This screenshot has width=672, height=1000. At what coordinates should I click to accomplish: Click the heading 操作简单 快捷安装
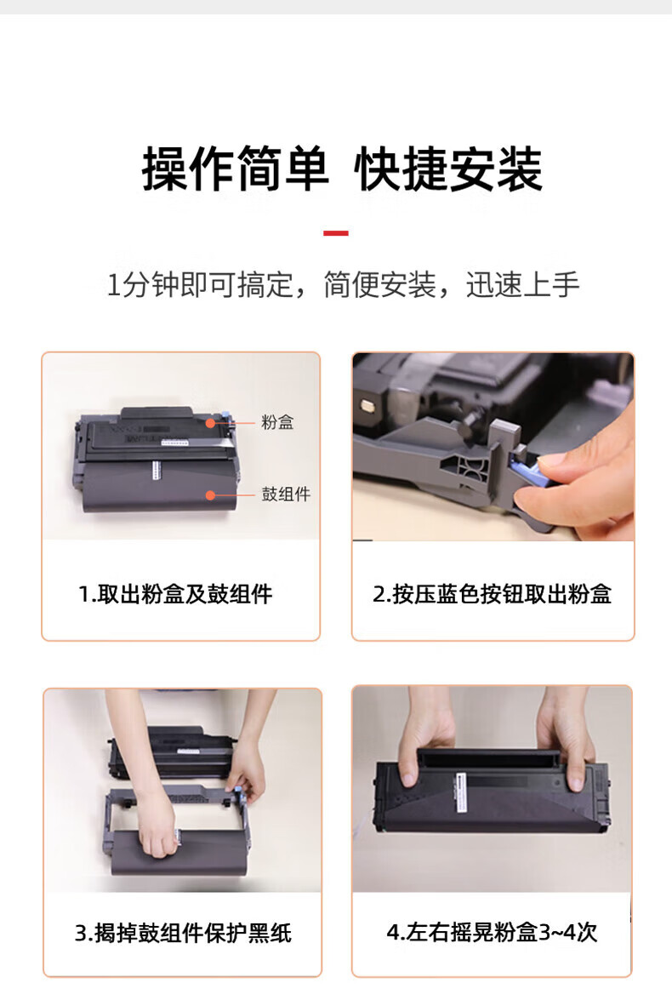342,169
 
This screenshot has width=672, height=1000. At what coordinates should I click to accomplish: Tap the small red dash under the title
335,233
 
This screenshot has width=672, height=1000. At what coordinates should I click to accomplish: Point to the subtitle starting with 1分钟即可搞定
342,284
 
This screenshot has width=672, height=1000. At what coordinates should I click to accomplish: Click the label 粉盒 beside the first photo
277,421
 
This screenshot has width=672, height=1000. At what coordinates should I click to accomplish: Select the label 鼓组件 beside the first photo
286,494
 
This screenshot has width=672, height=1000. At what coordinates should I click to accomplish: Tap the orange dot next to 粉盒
210,422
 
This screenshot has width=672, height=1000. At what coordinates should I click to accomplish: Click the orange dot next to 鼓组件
210,495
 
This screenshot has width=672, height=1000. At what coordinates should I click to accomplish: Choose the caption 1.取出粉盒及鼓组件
175,594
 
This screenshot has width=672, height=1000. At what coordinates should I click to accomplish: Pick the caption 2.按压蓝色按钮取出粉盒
493,594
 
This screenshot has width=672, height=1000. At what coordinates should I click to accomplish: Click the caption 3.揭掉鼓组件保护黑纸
183,933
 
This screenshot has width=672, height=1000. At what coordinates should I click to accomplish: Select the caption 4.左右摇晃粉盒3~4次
492,933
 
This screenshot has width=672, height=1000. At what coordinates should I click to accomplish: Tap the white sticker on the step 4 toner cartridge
461,791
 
